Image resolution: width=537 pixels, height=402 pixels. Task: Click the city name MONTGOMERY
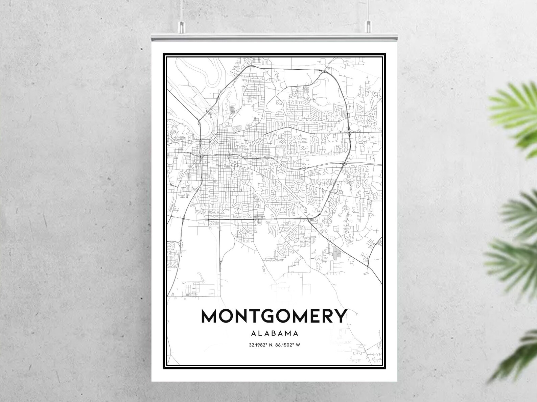274,316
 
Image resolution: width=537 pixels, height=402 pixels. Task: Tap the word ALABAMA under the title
275,333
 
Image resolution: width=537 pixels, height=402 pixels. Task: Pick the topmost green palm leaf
517,101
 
